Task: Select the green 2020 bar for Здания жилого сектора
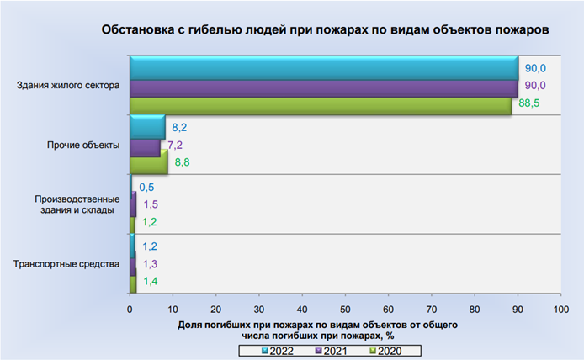[x=321, y=106]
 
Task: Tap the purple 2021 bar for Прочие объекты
[x=144, y=147]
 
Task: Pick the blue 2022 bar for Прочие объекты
[x=147, y=128]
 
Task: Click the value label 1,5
[x=151, y=205]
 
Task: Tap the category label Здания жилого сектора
[x=68, y=85]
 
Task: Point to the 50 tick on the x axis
[x=345, y=310]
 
